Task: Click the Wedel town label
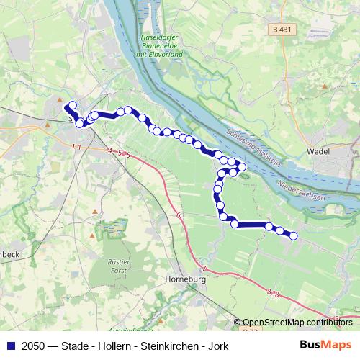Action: pyautogui.click(x=318, y=152)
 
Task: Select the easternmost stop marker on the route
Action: pyautogui.click(x=293, y=235)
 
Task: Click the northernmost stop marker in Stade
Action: pyautogui.click(x=72, y=105)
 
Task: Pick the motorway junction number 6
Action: pyautogui.click(x=176, y=215)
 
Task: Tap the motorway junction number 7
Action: pyautogui.click(x=204, y=269)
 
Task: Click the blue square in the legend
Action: pyautogui.click(x=9, y=346)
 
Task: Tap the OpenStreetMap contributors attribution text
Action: pyautogui.click(x=297, y=323)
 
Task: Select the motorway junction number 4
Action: pyautogui.click(x=110, y=151)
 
